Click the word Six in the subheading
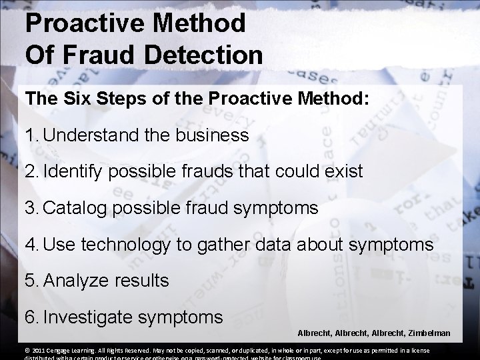pos(77,99)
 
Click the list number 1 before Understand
pos(30,136)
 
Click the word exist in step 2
pos(342,172)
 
